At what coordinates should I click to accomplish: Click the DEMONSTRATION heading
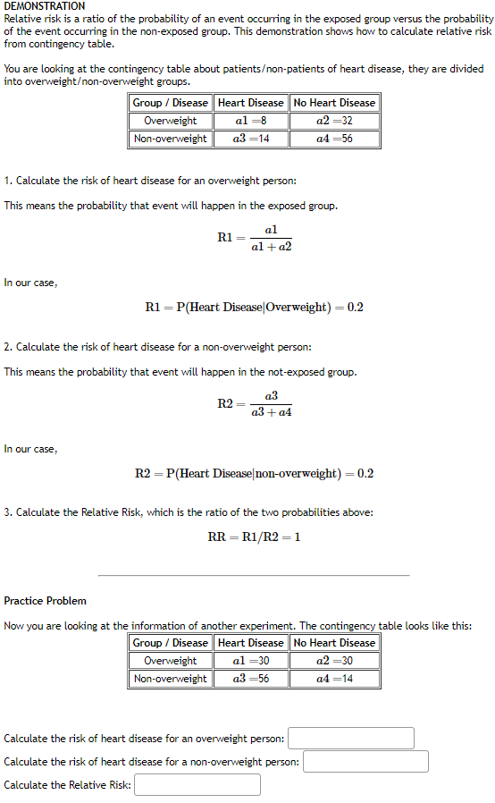[45, 6]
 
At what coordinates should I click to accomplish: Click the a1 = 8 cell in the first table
[250, 121]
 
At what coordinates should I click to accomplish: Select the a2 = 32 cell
[334, 121]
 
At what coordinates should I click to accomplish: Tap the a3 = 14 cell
[250, 139]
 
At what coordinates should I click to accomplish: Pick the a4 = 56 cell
[334, 139]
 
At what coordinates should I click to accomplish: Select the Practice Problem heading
[46, 601]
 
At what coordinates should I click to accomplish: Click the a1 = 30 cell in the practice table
[250, 661]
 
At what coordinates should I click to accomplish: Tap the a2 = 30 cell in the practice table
[334, 661]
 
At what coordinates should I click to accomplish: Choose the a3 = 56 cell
[250, 679]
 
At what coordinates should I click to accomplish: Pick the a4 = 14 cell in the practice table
[334, 679]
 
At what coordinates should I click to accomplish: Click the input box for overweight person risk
[351, 739]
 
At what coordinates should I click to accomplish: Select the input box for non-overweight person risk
[365, 762]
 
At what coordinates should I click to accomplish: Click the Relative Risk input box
[197, 785]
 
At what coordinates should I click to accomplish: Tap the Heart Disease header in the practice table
[250, 643]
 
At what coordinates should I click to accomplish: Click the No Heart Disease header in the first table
[334, 103]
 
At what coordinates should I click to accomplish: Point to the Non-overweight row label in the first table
[171, 139]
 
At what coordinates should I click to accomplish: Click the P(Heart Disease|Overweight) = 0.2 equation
[254, 308]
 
